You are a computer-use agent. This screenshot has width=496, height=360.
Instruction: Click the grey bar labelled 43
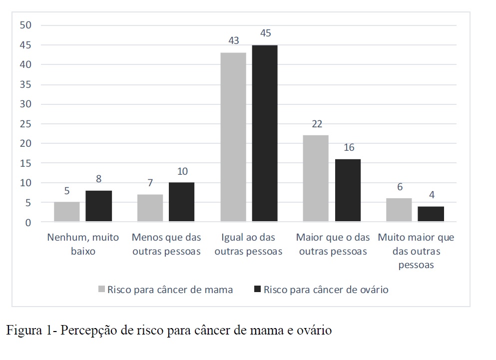pyautogui.click(x=233, y=137)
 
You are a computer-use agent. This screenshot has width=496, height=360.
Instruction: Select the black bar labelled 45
pyautogui.click(x=265, y=133)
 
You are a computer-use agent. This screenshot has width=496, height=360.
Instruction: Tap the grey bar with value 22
pyautogui.click(x=316, y=178)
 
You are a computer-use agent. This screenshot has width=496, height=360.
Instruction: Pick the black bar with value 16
pyautogui.click(x=348, y=190)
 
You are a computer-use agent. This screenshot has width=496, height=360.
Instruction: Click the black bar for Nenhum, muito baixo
pyautogui.click(x=99, y=206)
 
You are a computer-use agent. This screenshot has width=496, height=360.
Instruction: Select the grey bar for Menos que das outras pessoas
pyautogui.click(x=150, y=208)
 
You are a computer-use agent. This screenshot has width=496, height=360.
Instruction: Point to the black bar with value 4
pyautogui.click(x=431, y=214)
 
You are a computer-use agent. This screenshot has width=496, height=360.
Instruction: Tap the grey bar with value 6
pyautogui.click(x=399, y=210)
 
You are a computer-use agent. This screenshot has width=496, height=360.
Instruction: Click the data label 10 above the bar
pyautogui.click(x=182, y=171)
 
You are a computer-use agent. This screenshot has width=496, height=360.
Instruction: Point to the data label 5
pyautogui.click(x=67, y=191)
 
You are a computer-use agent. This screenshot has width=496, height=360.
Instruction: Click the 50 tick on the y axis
pyautogui.click(x=25, y=25)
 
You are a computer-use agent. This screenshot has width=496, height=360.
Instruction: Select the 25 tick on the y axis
pyautogui.click(x=25, y=124)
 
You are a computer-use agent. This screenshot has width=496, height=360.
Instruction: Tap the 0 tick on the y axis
pyautogui.click(x=28, y=222)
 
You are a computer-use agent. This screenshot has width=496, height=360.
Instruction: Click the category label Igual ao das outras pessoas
pyautogui.click(x=249, y=244)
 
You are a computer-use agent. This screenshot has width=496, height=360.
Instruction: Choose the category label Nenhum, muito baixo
pyautogui.click(x=83, y=244)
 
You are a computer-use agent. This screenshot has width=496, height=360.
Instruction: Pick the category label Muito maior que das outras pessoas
pyautogui.click(x=416, y=251)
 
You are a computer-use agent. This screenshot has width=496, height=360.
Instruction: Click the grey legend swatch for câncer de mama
pyautogui.click(x=102, y=290)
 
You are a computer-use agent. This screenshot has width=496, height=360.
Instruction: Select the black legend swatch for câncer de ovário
pyautogui.click(x=258, y=290)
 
